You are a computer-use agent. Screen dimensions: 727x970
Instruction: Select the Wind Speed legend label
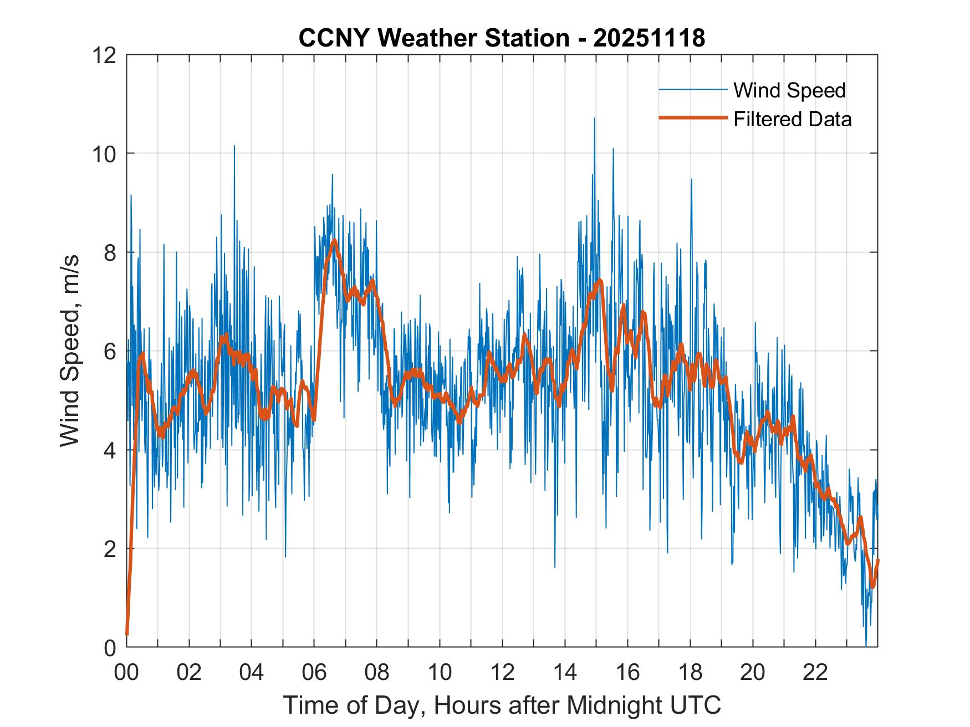(789, 90)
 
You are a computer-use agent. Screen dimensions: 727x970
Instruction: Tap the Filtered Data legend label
(792, 119)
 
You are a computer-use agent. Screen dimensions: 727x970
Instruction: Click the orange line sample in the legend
(692, 118)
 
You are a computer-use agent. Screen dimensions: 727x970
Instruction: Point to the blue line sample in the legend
(692, 90)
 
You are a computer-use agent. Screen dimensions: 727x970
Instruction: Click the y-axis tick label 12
(106, 55)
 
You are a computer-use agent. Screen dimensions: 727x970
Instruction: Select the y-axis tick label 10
(106, 154)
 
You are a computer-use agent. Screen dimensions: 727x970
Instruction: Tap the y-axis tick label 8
(111, 252)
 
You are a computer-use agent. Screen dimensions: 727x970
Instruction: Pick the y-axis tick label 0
(111, 647)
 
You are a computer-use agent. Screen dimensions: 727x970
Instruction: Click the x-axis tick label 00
(126, 672)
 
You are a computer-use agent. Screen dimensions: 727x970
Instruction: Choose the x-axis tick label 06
(314, 672)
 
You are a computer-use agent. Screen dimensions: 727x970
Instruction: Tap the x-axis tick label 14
(565, 672)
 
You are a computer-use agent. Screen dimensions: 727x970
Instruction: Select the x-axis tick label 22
(815, 672)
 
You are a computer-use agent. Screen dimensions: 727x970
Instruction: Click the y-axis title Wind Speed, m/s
(70, 350)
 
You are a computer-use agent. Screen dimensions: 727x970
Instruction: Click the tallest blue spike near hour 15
(594, 119)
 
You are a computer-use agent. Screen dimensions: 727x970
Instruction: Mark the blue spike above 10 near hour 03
(234, 147)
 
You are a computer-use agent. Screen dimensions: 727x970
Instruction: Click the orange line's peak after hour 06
(334, 240)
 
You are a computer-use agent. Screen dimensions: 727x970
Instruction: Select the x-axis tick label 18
(690, 672)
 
